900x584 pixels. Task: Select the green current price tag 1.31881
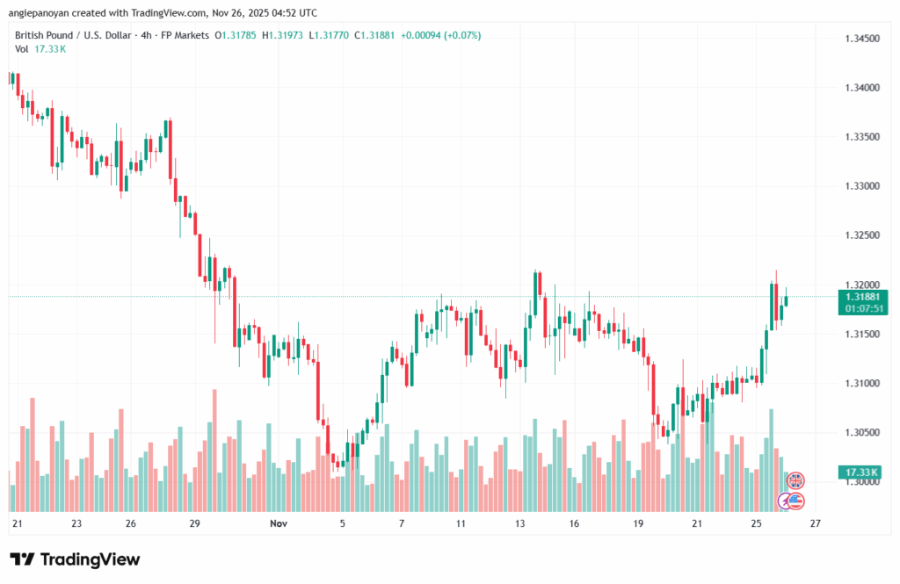click(x=863, y=296)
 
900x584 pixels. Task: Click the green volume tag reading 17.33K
click(x=861, y=472)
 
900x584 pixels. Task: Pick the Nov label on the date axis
click(x=279, y=524)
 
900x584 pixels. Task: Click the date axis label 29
click(x=195, y=524)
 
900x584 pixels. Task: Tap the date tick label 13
click(x=520, y=524)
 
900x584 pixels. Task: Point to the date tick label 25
click(x=756, y=524)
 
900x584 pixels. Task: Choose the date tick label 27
click(x=816, y=524)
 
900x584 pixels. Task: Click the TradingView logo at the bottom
click(x=75, y=559)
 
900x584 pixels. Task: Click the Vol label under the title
click(x=22, y=49)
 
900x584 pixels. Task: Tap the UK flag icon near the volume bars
click(x=795, y=479)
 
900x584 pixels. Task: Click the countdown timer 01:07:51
click(x=863, y=308)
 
